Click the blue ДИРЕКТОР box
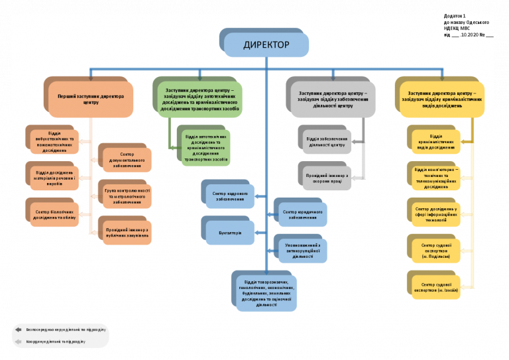[266, 45]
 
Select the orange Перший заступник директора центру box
[91, 99]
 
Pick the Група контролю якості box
[127, 195]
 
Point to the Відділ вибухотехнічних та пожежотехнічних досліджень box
[55, 141]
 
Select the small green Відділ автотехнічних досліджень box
[206, 148]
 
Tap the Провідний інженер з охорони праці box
[325, 176]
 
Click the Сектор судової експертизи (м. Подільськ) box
[436, 250]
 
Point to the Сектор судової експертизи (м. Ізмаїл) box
[436, 286]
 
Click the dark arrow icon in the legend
[19, 329]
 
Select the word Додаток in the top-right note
[453, 15]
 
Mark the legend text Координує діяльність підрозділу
[56, 341]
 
